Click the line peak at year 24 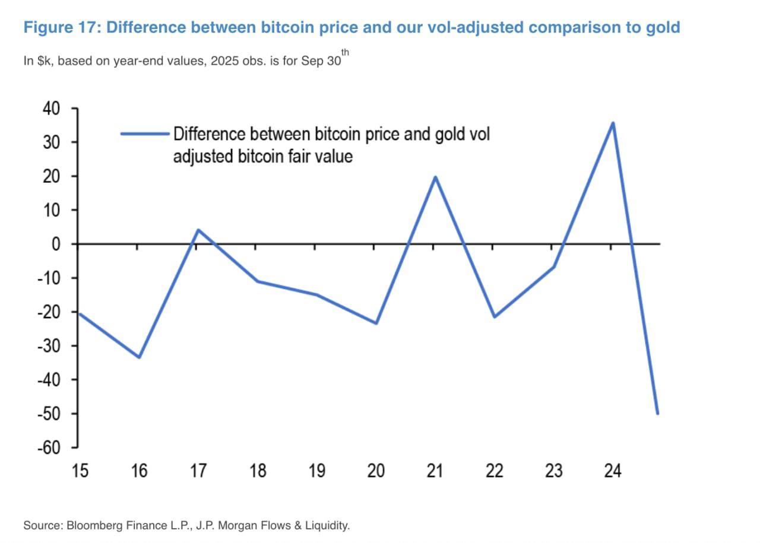coord(613,123)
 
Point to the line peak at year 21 coord(435,177)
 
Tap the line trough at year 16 coord(139,357)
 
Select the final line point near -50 coord(657,413)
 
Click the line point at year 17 coord(198,230)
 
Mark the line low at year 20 coord(376,323)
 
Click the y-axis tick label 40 coord(51,109)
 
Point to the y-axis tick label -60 coord(49,447)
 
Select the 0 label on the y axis coord(56,244)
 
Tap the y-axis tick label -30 coord(49,345)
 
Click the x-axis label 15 coord(80,471)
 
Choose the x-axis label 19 coord(316,471)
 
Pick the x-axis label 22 coord(494,471)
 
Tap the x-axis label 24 coord(612,471)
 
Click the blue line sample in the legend coord(145,134)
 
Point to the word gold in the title coord(663,27)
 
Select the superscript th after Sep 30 coord(345,53)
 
